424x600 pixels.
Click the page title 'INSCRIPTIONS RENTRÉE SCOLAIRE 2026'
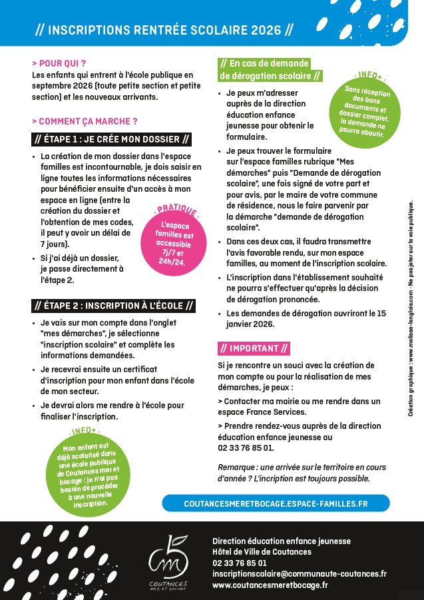click(164, 31)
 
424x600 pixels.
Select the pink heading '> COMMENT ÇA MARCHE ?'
click(85, 121)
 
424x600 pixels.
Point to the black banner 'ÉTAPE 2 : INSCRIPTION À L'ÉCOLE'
click(114, 306)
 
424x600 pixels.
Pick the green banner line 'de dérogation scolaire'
click(270, 76)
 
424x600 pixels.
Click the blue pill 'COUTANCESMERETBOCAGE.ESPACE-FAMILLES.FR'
click(276, 503)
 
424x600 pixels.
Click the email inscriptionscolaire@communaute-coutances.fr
click(300, 573)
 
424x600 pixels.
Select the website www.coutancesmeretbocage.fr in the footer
click(270, 585)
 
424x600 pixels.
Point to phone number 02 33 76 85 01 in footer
click(240, 563)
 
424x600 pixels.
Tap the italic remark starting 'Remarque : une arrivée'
click(294, 473)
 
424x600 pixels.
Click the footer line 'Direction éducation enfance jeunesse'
click(281, 541)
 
